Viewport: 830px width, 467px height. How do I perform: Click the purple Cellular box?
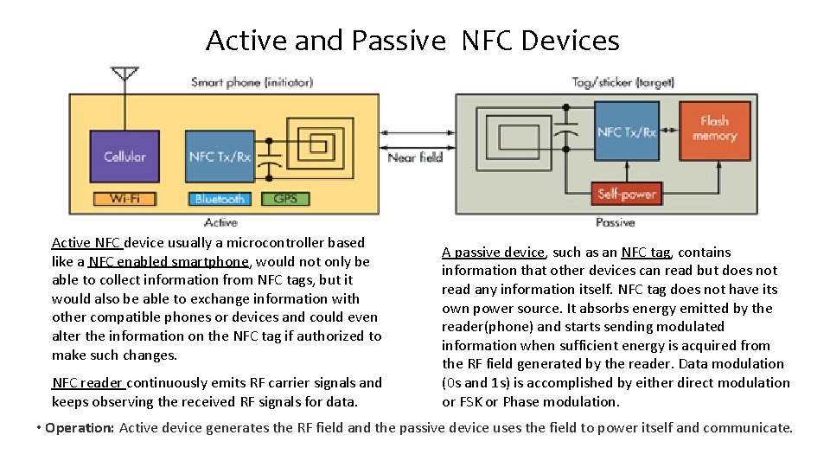point(124,157)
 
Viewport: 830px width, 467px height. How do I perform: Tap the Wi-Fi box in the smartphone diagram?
point(124,199)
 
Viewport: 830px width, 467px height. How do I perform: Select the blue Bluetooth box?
point(220,199)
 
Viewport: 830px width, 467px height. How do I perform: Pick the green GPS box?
point(285,199)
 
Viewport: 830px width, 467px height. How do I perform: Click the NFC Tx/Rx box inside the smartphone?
point(220,157)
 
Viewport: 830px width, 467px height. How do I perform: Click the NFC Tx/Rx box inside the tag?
point(627,131)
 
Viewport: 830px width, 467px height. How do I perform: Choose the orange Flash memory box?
point(714,130)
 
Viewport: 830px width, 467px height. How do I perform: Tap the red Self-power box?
point(627,194)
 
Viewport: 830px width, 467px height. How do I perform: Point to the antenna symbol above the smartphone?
point(125,74)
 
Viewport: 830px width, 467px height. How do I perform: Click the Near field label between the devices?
point(415,157)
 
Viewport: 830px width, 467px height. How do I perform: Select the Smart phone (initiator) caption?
point(252,83)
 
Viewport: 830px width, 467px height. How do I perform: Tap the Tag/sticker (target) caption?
point(622,83)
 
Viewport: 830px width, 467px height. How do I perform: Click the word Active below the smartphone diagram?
point(221,223)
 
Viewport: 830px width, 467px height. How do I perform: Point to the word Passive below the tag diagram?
point(615,223)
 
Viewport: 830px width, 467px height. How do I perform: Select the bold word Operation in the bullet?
point(79,428)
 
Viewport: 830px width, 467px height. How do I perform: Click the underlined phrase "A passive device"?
point(493,253)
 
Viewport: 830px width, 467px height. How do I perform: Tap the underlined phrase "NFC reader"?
point(89,382)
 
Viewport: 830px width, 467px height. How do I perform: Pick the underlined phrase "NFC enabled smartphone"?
point(169,261)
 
